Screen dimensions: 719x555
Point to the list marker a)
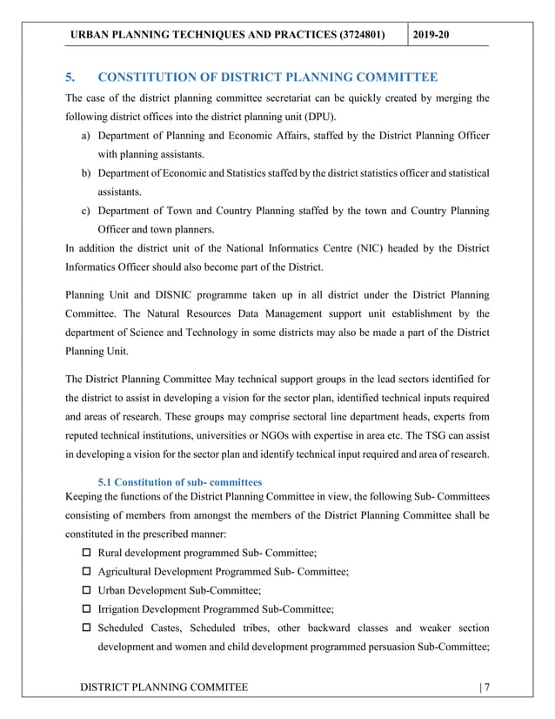click(87, 137)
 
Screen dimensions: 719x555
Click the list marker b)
click(87, 174)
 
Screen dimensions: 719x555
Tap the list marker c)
click(87, 212)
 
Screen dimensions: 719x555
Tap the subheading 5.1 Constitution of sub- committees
click(180, 481)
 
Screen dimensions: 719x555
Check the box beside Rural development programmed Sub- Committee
click(86, 554)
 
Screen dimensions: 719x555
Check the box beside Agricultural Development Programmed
click(86, 572)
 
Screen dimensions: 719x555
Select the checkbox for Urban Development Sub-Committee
click(86, 591)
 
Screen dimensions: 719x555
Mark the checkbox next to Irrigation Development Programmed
click(86, 609)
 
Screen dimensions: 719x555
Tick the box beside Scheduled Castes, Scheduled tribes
click(86, 628)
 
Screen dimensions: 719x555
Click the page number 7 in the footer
click(487, 689)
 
